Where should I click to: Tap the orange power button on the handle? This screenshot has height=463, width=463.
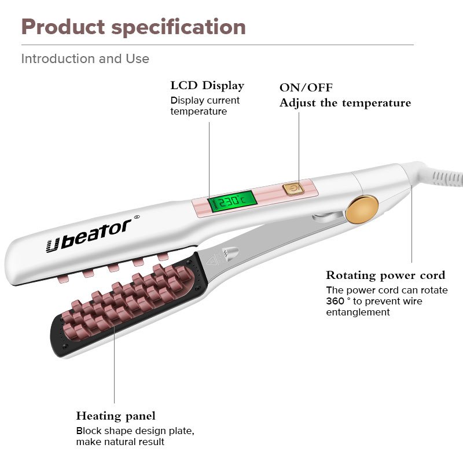tap(292, 188)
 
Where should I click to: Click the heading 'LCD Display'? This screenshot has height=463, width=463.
tap(207, 86)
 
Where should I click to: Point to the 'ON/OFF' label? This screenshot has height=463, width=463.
tap(306, 88)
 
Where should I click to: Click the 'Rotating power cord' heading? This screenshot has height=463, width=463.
tap(385, 275)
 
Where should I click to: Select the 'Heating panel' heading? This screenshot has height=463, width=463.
tap(116, 416)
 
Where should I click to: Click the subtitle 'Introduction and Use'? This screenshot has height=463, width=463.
tap(85, 59)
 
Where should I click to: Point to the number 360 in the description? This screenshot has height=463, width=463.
tap(335, 301)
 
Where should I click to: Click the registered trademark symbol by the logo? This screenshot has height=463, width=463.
tap(137, 218)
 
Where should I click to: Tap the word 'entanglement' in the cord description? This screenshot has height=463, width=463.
tap(358, 312)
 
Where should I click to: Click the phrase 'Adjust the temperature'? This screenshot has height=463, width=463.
tap(345, 103)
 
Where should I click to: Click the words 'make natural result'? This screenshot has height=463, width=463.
tap(120, 442)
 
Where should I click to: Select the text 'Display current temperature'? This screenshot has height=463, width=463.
tap(205, 105)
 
